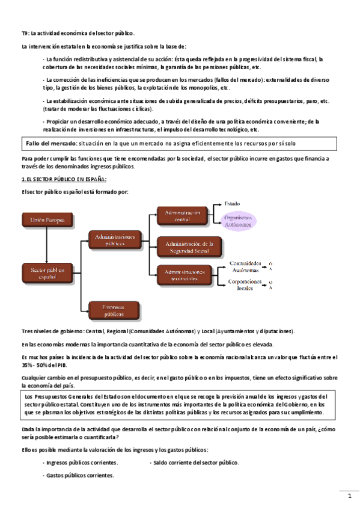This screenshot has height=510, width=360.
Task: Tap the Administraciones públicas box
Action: [114, 241]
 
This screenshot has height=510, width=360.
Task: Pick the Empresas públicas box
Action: [114, 310]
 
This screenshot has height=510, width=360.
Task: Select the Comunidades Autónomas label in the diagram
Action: [245, 266]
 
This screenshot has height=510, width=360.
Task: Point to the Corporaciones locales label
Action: [245, 284]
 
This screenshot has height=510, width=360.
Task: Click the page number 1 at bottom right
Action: [349, 497]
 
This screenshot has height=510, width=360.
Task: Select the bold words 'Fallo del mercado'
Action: [51, 144]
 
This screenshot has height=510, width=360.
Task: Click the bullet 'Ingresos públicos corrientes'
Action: [81, 462]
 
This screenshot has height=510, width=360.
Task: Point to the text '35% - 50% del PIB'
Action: [47, 364]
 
